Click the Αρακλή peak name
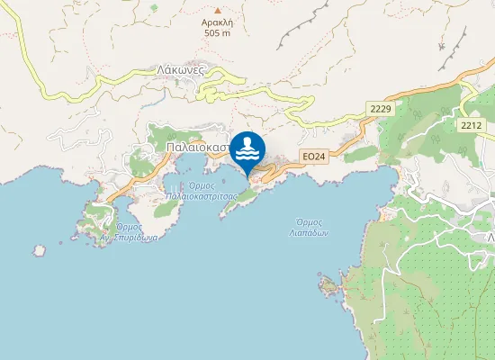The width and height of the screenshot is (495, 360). (218, 21)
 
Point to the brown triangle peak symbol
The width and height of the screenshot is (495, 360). (217, 9)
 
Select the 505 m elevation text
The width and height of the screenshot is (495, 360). (218, 32)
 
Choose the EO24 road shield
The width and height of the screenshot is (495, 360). (312, 157)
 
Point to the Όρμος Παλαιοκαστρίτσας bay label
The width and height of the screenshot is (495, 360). (201, 190)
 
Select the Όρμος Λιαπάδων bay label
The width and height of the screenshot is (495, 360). (311, 227)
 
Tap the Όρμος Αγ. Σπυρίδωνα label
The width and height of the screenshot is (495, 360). (130, 232)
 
